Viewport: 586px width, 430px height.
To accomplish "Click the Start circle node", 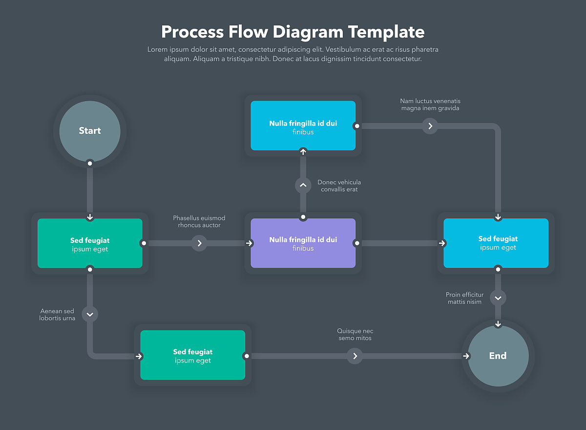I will [x=90, y=131].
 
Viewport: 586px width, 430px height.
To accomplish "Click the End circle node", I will [x=498, y=356].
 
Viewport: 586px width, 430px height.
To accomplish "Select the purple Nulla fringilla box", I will [x=303, y=243].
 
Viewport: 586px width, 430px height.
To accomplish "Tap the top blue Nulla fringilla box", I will [x=303, y=126].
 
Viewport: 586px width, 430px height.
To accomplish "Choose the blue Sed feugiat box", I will [x=496, y=243].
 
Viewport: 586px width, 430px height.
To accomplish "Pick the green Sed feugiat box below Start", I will [x=90, y=243].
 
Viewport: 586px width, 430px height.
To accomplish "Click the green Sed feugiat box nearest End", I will [x=192, y=355].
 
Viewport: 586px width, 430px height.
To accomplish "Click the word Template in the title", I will [x=386, y=32].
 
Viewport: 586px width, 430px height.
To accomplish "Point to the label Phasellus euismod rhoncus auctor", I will [x=199, y=221].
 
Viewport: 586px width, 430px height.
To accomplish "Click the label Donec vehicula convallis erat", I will [x=339, y=186].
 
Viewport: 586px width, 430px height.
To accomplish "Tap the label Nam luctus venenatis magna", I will [x=430, y=105].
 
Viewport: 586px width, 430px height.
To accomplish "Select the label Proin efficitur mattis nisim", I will [x=464, y=298].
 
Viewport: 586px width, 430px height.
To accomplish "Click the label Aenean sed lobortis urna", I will [x=57, y=315].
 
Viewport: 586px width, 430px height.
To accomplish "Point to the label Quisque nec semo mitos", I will [x=355, y=335].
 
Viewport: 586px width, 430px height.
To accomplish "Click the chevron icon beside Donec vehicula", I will [x=303, y=186].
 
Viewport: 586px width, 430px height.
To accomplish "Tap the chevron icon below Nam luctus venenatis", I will [x=430, y=126].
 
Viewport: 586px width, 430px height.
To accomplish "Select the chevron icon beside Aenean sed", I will [x=90, y=314].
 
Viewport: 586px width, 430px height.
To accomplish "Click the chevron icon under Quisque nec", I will [x=355, y=356].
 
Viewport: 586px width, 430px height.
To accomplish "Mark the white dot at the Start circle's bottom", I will [x=90, y=163].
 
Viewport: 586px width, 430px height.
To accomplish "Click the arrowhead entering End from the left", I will [x=466, y=356].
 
